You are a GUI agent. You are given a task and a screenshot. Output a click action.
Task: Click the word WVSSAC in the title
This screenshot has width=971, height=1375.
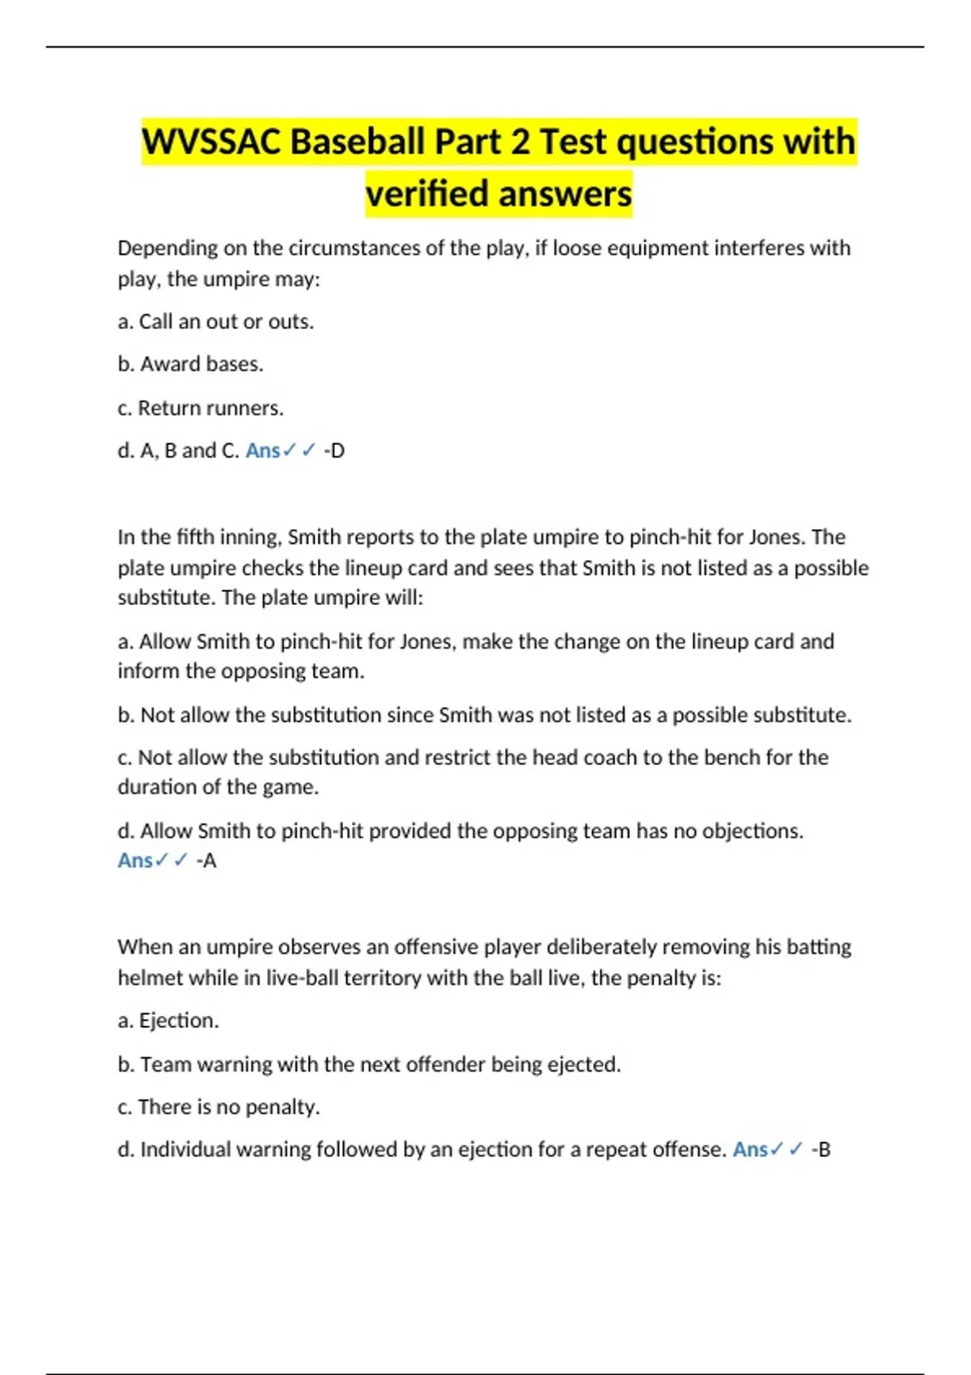pyautogui.click(x=212, y=142)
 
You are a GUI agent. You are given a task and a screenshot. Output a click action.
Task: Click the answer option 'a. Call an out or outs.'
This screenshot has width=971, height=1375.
pyautogui.click(x=215, y=322)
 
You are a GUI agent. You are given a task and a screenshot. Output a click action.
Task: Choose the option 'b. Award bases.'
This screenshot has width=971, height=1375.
pyautogui.click(x=190, y=364)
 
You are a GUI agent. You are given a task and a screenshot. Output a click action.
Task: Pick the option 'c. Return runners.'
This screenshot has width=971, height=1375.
pyautogui.click(x=200, y=408)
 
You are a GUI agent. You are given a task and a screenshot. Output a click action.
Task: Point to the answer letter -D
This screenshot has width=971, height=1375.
pyautogui.click(x=334, y=451)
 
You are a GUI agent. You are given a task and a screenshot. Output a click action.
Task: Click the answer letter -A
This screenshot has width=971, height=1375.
pyautogui.click(x=206, y=861)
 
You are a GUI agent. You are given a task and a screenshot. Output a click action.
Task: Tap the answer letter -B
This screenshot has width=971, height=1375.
pyautogui.click(x=820, y=1149)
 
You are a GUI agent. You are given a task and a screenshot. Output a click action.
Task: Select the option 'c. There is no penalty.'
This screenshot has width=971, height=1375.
pyautogui.click(x=218, y=1106)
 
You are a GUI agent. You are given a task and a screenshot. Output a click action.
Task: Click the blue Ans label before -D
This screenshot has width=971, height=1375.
pyautogui.click(x=262, y=451)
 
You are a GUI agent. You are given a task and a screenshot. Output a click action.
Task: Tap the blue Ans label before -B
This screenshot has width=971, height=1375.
pyautogui.click(x=749, y=1149)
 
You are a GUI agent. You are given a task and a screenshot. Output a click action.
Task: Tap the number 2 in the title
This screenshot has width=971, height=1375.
pyautogui.click(x=520, y=142)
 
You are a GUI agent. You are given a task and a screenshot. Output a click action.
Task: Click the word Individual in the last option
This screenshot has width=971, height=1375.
pyautogui.click(x=184, y=1149)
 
